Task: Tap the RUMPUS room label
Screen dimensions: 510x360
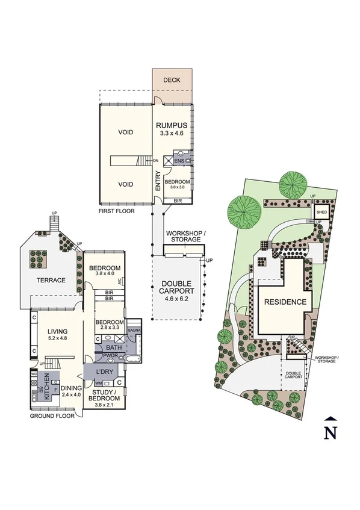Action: [x=172, y=125]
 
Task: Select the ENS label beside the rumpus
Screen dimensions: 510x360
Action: [x=179, y=161]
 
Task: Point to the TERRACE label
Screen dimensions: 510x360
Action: [x=51, y=280]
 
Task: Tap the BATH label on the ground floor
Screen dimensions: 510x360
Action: [x=113, y=347]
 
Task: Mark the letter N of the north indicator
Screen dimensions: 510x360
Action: [x=329, y=432]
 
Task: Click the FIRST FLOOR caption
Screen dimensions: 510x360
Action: [x=117, y=211]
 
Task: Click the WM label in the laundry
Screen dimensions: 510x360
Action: [x=98, y=382]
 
